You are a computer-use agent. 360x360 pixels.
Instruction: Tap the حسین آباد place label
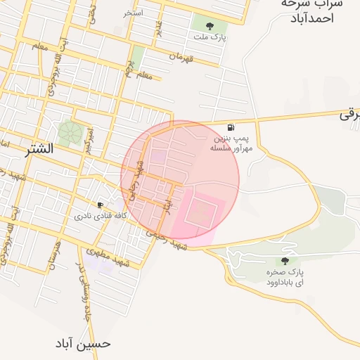tap(84, 344)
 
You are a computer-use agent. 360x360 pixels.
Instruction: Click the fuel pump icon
tap(231, 127)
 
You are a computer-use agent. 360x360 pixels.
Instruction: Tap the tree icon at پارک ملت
tap(210, 26)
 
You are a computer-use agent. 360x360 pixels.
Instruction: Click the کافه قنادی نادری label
tap(101, 216)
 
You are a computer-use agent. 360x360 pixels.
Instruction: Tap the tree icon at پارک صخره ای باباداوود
tap(284, 261)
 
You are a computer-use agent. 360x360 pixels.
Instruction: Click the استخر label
tap(134, 13)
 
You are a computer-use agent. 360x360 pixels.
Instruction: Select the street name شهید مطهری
tap(110, 257)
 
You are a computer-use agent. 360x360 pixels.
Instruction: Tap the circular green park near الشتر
tap(70, 132)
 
